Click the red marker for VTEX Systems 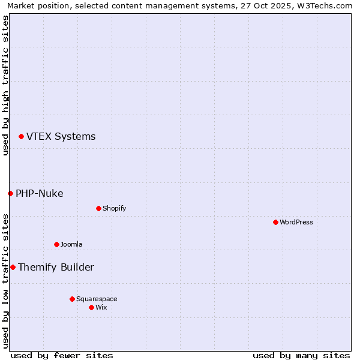[x=21, y=137]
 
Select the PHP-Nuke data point [x=10, y=193]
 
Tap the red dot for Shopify [x=98, y=208]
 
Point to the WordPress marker [x=275, y=222]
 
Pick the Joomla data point [x=56, y=244]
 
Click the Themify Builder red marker [x=13, y=267]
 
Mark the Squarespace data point [x=72, y=299]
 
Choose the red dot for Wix [x=91, y=307]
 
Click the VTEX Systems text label [x=61, y=136]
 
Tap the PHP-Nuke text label [x=39, y=193]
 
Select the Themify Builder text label [x=56, y=267]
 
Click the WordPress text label [x=296, y=222]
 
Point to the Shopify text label [x=114, y=208]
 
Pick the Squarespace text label [x=97, y=299]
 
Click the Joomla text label [x=71, y=244]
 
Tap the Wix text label [x=101, y=307]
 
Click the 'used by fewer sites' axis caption [x=62, y=355]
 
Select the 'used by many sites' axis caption [x=301, y=355]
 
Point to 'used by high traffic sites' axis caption [x=6, y=85]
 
